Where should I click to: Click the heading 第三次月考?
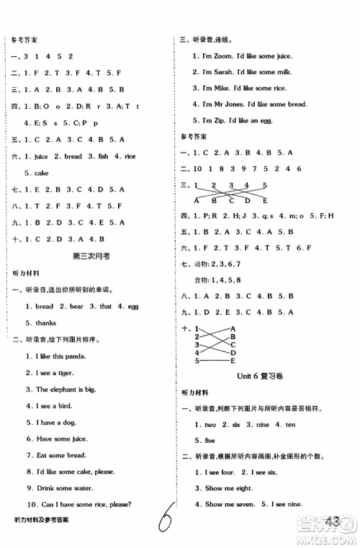click(91, 257)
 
